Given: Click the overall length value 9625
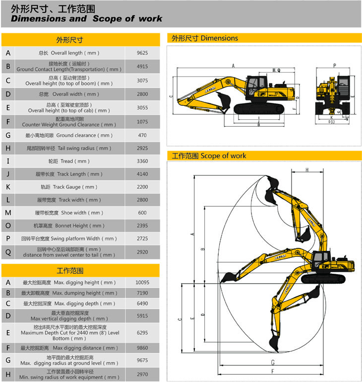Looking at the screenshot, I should click(x=142, y=53).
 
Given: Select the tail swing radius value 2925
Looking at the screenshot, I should click(x=142, y=148).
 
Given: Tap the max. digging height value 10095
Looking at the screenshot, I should click(x=142, y=282).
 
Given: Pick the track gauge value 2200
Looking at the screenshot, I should click(x=142, y=187).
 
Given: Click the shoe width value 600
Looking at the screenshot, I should click(x=142, y=213).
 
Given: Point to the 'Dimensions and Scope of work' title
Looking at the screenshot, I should click(x=87, y=19).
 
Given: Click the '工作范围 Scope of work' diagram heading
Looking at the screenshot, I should click(x=209, y=155).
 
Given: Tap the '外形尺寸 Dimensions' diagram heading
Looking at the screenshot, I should click(x=205, y=38).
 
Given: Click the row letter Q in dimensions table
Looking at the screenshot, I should click(x=8, y=252).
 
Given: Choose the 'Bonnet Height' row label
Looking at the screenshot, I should click(x=69, y=226).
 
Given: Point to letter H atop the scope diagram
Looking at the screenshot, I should click(x=307, y=170).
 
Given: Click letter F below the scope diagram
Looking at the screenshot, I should click(x=272, y=372).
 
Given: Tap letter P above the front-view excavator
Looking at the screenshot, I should click(x=335, y=66).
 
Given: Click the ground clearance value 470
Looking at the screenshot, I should click(x=142, y=135).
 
